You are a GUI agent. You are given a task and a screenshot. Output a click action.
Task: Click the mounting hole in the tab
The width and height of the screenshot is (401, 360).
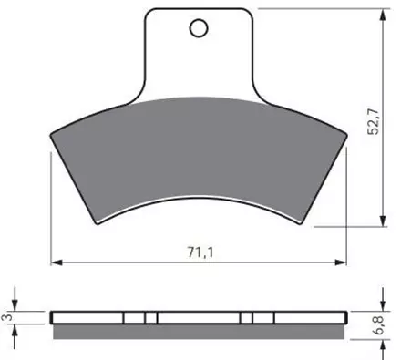[199, 28]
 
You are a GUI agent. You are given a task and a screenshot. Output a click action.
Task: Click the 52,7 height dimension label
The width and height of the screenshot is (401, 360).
[374, 121]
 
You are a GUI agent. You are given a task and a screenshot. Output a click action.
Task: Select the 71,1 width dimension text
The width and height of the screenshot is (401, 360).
[200, 252]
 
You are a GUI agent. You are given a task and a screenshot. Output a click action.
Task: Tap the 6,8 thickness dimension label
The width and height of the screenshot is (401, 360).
[379, 324]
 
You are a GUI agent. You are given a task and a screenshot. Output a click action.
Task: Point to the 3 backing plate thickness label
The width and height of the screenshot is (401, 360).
[8, 317]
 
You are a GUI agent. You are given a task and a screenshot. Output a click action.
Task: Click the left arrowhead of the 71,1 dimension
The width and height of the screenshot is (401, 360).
[57, 262]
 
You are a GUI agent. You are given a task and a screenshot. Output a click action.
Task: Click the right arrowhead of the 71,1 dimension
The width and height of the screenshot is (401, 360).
[341, 262]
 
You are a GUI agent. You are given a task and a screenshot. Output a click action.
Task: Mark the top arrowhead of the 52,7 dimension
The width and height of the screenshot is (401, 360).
[384, 15]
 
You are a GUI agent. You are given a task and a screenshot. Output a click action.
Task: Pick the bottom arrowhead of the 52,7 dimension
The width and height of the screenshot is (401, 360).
[384, 221]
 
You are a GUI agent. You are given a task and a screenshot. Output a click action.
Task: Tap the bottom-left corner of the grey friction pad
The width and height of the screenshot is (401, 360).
[98, 224]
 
